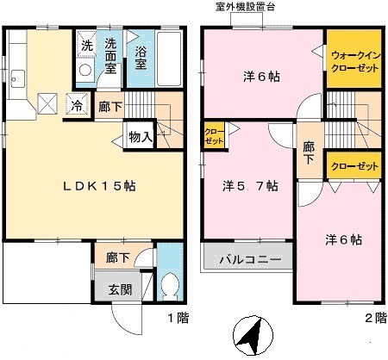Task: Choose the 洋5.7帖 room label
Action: [x=249, y=184]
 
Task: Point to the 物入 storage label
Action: [x=141, y=137]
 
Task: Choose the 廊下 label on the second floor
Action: [x=309, y=151]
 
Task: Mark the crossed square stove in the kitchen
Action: [x=48, y=105]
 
